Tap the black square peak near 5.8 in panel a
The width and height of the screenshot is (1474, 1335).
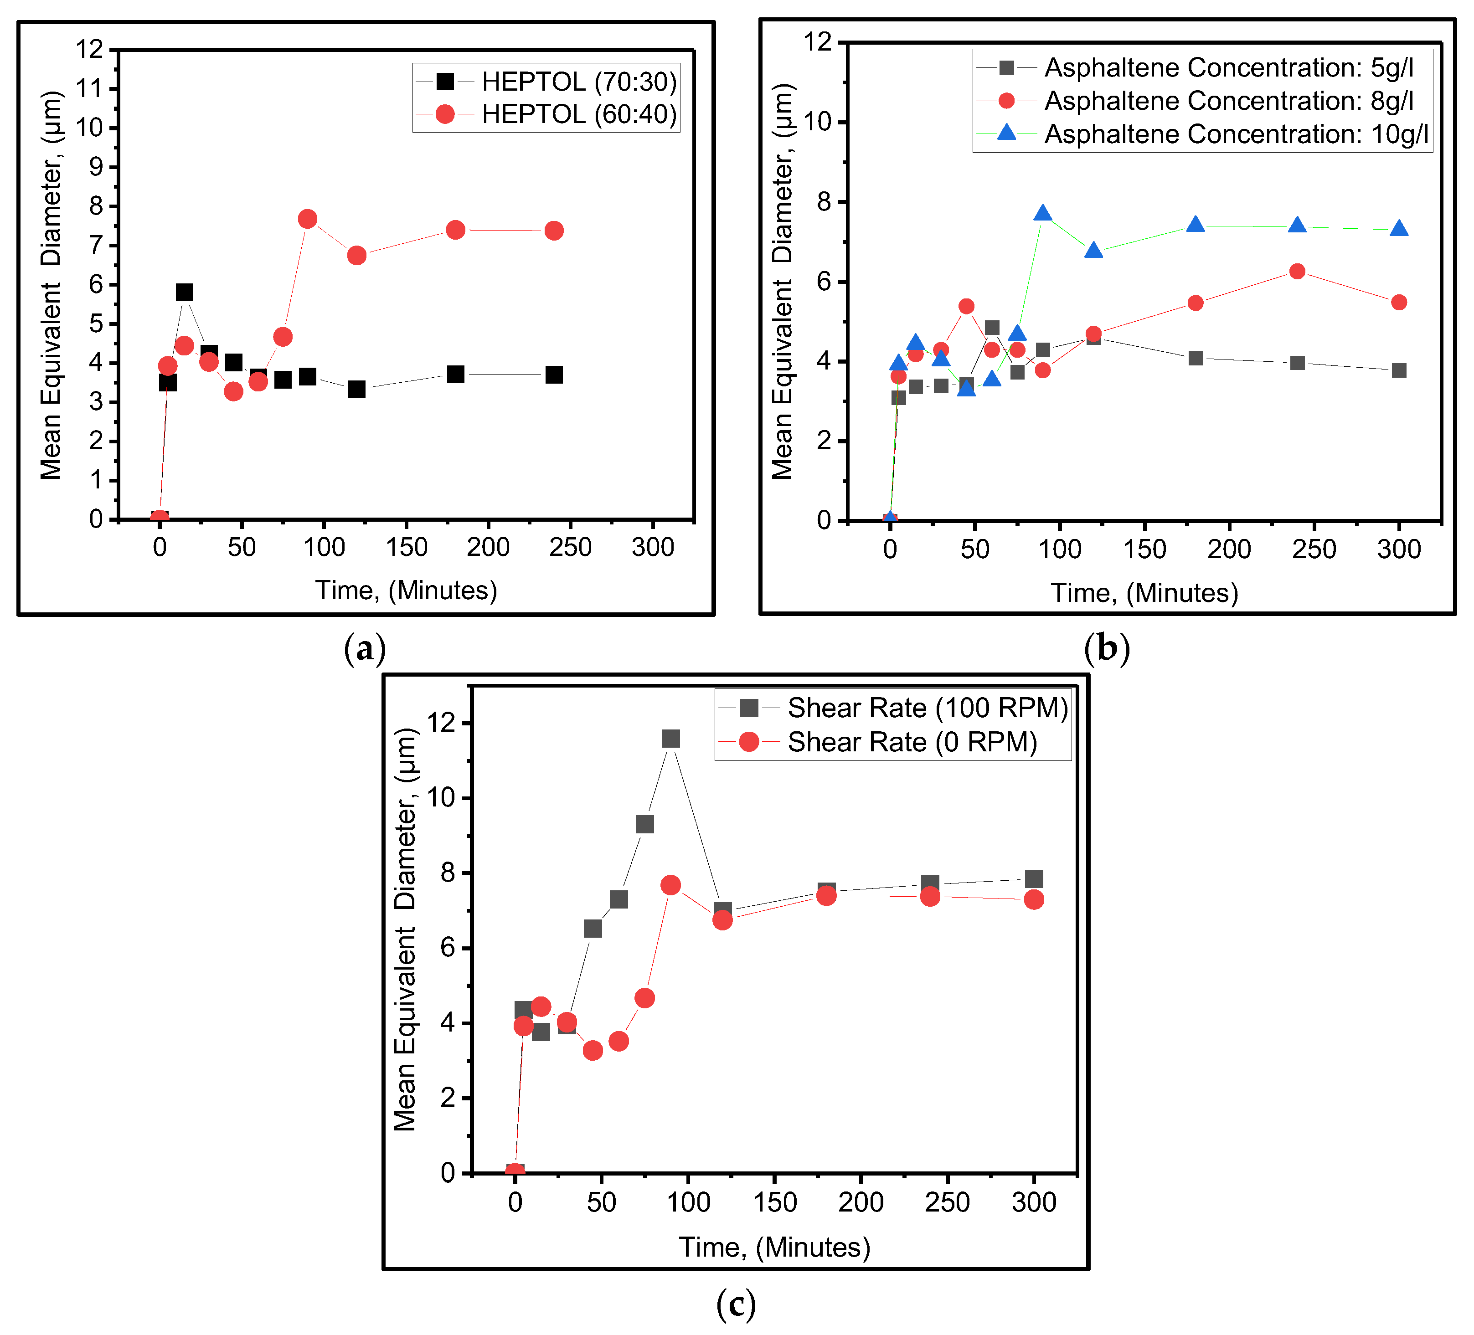(x=184, y=293)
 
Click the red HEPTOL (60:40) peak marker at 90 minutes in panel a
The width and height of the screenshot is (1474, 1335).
(x=307, y=219)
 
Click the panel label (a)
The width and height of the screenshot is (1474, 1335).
(x=364, y=648)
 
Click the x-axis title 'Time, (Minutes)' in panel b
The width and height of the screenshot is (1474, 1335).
(x=1144, y=593)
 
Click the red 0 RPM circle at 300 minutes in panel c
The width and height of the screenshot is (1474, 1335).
(x=1034, y=899)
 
